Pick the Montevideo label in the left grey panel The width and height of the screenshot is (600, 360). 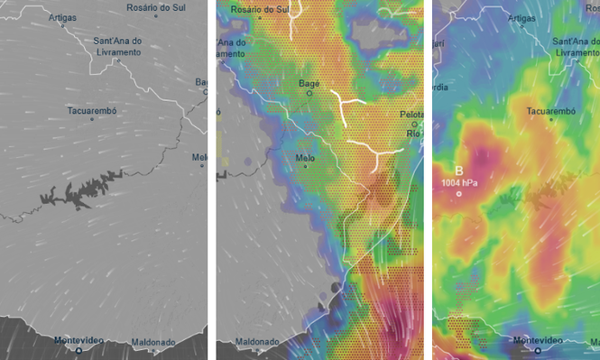(78, 339)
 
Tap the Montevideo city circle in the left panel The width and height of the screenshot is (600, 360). (78, 349)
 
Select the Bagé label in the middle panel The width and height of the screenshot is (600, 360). (309, 83)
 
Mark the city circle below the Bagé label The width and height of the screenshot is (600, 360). (309, 92)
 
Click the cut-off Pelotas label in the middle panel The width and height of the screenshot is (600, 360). (413, 115)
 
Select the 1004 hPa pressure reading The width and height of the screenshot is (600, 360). (460, 183)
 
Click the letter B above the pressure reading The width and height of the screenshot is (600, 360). (459, 171)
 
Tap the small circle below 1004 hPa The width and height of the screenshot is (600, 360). (459, 194)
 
